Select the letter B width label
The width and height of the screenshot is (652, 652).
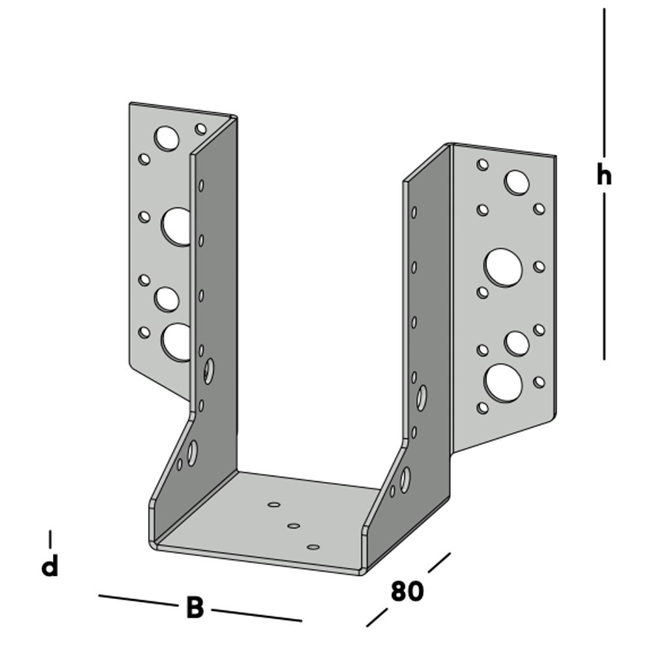(194, 608)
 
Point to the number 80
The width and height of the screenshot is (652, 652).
(407, 591)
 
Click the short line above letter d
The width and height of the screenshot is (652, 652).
(50, 539)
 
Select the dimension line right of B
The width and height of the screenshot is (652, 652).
(256, 615)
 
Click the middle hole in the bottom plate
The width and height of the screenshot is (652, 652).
(293, 526)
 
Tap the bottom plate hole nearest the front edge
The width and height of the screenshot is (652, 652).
(313, 547)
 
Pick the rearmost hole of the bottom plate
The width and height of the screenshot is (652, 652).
(274, 504)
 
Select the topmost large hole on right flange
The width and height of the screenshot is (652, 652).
(516, 182)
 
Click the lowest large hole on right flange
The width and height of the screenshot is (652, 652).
(503, 383)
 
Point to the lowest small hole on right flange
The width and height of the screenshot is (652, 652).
(482, 408)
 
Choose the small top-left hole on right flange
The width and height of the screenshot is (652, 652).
(482, 165)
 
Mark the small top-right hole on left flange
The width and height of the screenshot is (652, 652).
(200, 128)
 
